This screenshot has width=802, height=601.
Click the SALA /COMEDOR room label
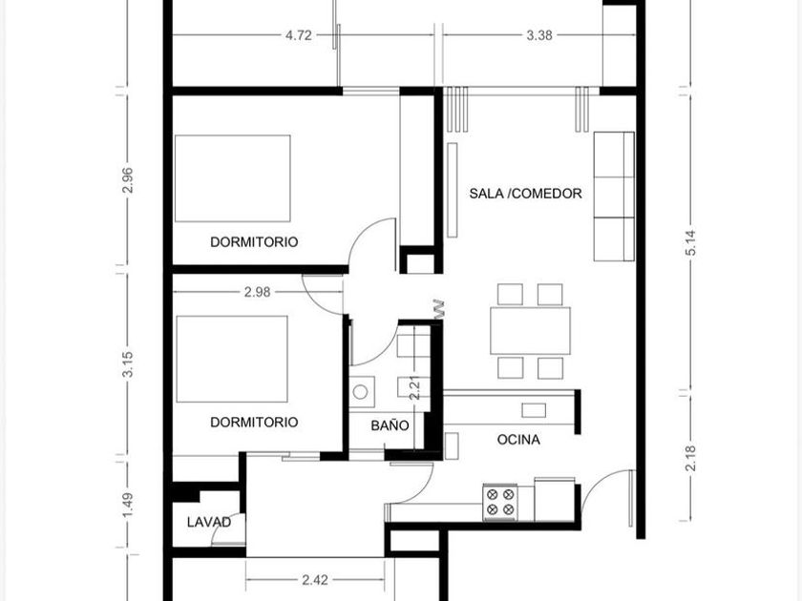(x=525, y=194)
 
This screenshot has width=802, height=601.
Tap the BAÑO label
(x=390, y=425)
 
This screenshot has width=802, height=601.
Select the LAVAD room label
(x=209, y=523)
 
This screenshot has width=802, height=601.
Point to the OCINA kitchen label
(x=518, y=440)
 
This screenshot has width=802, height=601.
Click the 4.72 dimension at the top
(x=298, y=35)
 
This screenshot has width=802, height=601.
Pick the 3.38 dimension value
(x=539, y=35)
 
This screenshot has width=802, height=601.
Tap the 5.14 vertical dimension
(x=691, y=242)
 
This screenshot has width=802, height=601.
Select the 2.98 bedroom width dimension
(x=257, y=292)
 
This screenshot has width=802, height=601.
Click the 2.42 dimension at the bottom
(x=314, y=580)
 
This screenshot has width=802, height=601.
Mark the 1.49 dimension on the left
(x=128, y=505)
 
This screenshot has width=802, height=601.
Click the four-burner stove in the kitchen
(x=500, y=502)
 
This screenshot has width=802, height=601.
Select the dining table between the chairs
(x=530, y=331)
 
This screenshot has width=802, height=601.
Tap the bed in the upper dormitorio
(x=233, y=178)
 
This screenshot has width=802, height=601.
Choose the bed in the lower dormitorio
(x=232, y=359)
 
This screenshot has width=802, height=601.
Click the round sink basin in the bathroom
(x=361, y=392)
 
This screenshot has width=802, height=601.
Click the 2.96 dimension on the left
(x=128, y=180)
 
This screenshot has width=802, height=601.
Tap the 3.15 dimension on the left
(x=128, y=363)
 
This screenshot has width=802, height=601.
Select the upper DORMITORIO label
(x=254, y=241)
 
